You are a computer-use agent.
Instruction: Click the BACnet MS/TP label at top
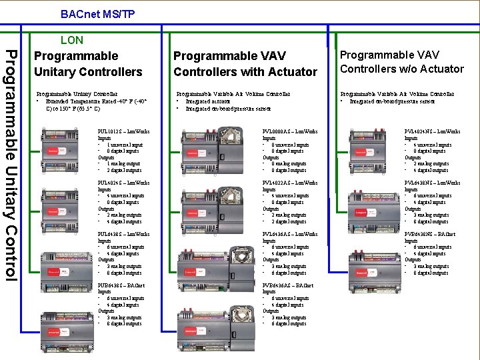click(97, 13)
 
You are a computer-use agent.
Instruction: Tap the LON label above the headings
click(72, 40)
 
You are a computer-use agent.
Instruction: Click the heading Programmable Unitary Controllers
click(88, 63)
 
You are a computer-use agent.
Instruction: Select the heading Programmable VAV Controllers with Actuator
click(245, 63)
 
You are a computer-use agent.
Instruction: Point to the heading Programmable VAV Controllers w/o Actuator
click(401, 61)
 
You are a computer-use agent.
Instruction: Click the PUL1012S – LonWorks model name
click(123, 131)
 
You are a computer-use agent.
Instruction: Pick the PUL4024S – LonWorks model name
click(123, 183)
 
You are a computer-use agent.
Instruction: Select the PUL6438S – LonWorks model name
click(123, 234)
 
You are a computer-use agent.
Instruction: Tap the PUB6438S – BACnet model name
click(121, 285)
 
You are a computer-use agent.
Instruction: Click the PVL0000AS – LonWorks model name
click(290, 131)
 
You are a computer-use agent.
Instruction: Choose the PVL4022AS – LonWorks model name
click(290, 183)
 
